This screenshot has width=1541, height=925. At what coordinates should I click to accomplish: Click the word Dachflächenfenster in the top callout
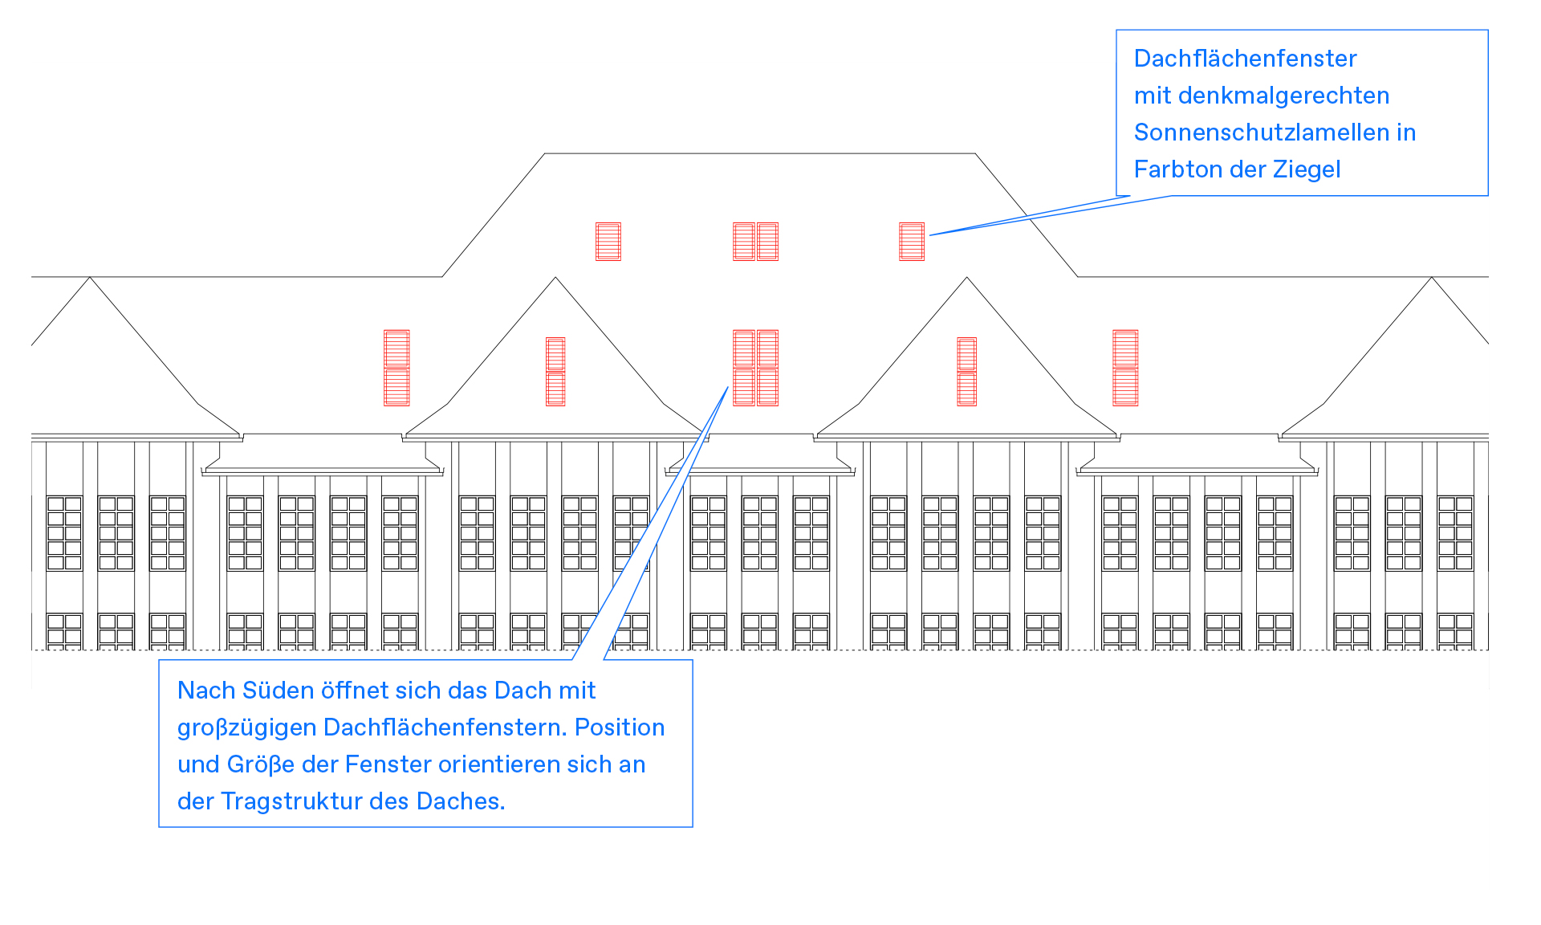[x=1245, y=59]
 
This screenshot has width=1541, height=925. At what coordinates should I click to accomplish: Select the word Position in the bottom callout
[x=620, y=727]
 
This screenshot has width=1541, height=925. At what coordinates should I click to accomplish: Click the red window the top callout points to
[x=912, y=242]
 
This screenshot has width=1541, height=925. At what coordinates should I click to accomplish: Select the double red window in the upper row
[x=755, y=242]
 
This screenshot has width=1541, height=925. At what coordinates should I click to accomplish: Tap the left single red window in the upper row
[x=608, y=242]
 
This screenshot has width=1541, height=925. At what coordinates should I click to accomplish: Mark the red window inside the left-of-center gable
[x=555, y=371]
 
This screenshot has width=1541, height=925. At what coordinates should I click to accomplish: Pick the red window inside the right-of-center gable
[x=967, y=371]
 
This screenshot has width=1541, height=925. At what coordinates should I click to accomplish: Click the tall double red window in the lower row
[x=755, y=368]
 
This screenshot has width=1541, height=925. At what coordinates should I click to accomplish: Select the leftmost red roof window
[x=396, y=368]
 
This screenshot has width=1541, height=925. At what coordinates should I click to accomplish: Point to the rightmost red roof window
[x=1125, y=368]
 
